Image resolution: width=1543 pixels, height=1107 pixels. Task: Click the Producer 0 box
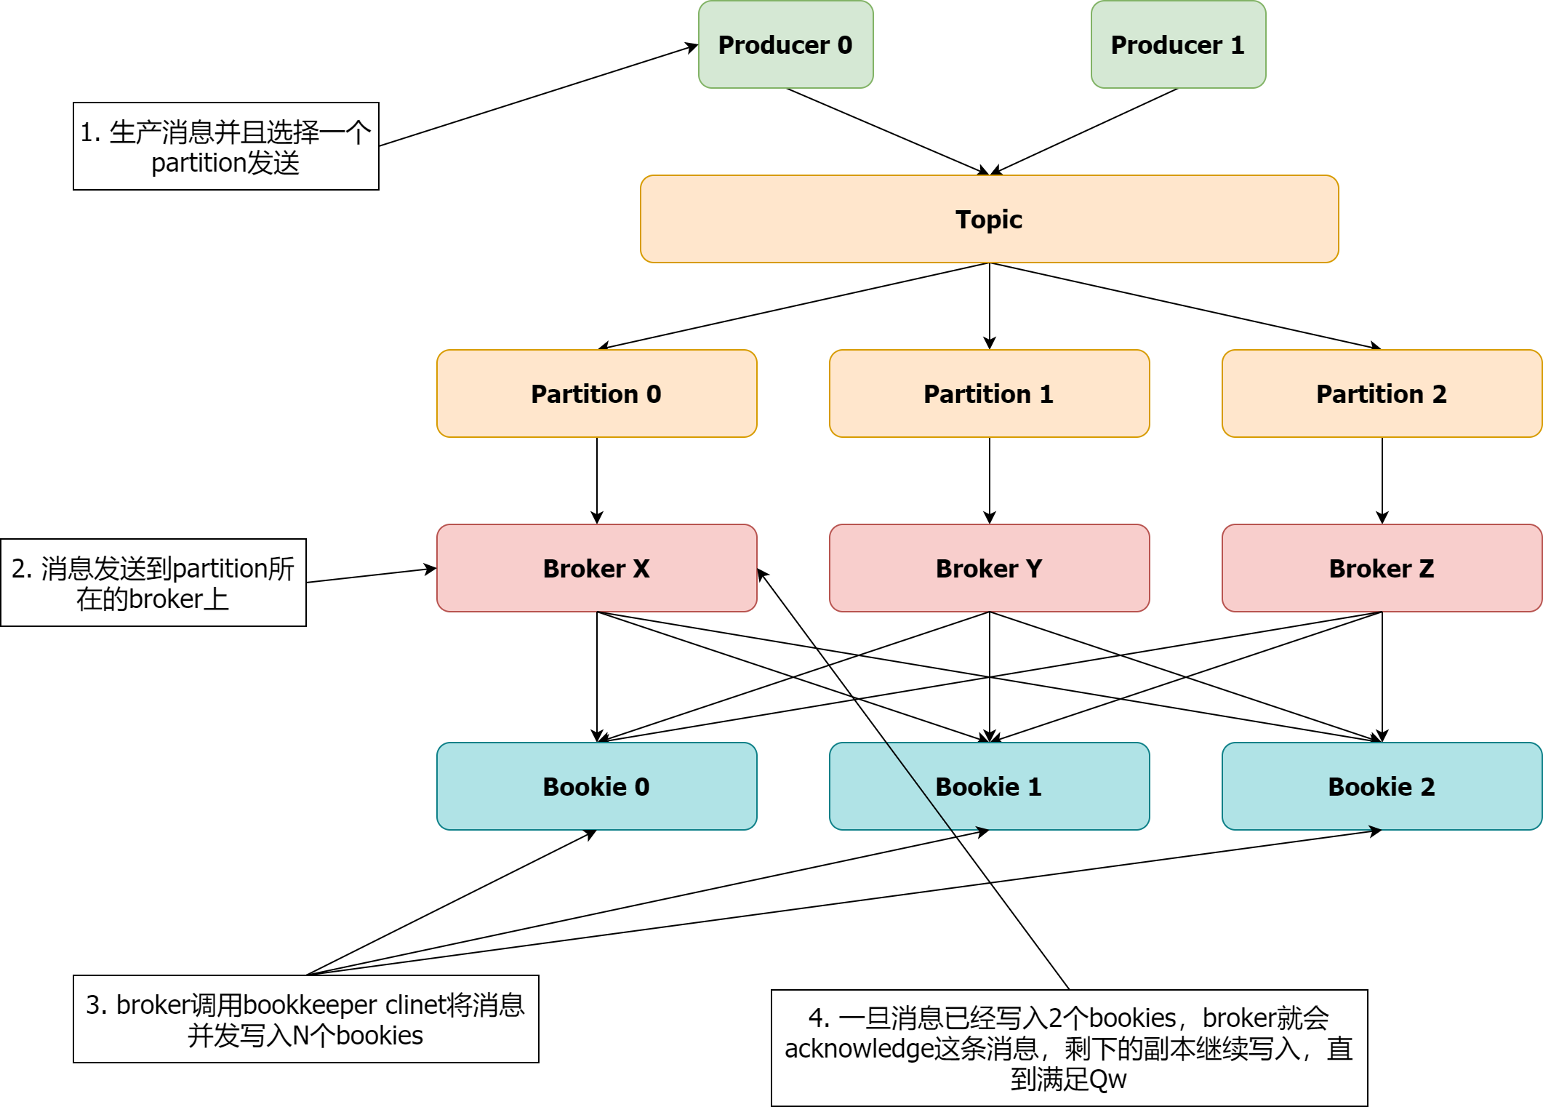click(785, 44)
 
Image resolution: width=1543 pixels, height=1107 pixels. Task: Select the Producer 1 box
click(1178, 44)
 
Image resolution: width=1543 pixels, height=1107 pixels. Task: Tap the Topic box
click(989, 219)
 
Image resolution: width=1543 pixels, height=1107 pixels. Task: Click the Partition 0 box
click(596, 393)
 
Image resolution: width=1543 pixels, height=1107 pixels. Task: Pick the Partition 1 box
click(989, 393)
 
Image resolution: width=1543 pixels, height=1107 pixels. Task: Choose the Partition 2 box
click(1382, 393)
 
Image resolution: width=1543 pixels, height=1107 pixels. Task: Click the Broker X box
click(596, 568)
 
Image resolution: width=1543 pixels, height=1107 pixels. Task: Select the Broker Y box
click(989, 568)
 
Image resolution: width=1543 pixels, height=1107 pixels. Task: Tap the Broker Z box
click(1382, 568)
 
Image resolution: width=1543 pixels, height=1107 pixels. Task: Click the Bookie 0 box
click(596, 786)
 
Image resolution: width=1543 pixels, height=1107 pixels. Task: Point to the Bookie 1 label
click(989, 787)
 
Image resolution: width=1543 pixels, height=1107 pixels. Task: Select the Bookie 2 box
click(1382, 786)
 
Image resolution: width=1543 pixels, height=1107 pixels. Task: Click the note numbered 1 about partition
click(225, 146)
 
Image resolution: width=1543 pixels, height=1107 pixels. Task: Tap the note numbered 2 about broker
click(153, 583)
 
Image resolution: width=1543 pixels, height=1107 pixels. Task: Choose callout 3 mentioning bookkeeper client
click(305, 1019)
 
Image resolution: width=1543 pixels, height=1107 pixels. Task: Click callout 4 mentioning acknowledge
click(1069, 1048)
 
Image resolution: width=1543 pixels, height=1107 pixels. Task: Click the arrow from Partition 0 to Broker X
click(597, 480)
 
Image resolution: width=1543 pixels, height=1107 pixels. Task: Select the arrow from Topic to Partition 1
click(990, 305)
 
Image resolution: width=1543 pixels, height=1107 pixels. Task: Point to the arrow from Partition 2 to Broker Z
click(1382, 480)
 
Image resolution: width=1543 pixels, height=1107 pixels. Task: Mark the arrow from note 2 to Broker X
click(371, 575)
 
